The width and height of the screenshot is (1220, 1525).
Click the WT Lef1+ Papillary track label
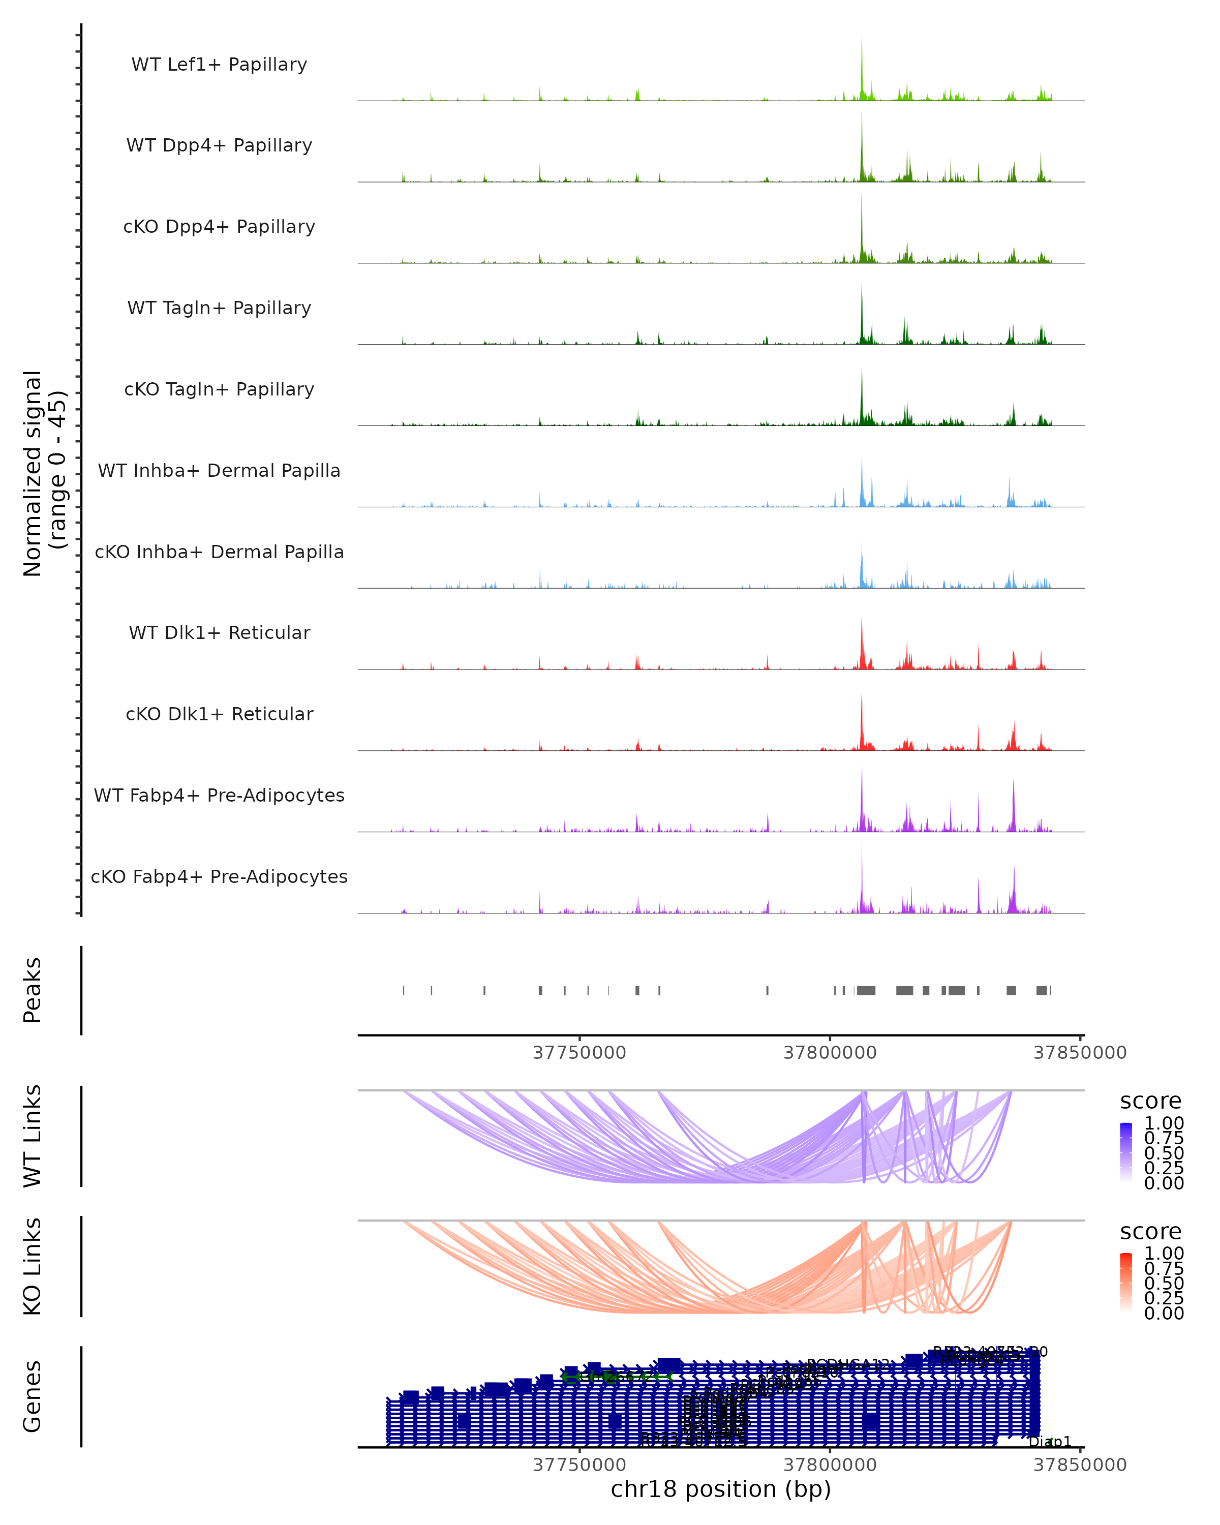(x=219, y=65)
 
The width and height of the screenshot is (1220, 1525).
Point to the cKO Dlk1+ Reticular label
(x=219, y=714)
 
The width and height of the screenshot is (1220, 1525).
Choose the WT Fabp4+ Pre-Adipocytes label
(x=219, y=795)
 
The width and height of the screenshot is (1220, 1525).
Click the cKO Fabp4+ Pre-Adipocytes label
(x=219, y=876)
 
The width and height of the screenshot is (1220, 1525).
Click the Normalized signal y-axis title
(x=44, y=473)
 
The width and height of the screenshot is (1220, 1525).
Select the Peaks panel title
(x=33, y=990)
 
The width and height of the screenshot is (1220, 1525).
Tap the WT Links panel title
(x=33, y=1135)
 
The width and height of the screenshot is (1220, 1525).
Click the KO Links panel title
(x=33, y=1266)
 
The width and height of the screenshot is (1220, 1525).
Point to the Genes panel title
(x=33, y=1396)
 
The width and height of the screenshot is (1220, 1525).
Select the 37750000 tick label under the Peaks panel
(x=579, y=1053)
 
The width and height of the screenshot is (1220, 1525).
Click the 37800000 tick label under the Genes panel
(x=830, y=1465)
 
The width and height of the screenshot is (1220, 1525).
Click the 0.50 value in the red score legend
(x=1164, y=1283)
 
